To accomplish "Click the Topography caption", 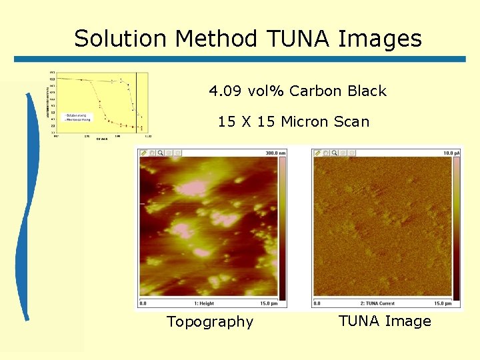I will tap(210, 322).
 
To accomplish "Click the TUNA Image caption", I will tap(385, 321).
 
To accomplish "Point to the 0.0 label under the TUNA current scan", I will tap(317, 303).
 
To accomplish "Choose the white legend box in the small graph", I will tap(77, 117).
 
